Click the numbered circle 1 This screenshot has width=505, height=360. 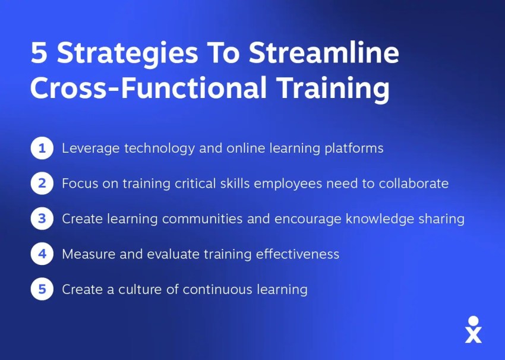[42, 148]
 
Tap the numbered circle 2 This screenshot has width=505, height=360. [42, 184]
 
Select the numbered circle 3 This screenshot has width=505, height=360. [42, 219]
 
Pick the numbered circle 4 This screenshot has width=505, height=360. [42, 254]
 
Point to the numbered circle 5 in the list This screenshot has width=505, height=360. [42, 289]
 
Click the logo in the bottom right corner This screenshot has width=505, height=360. [473, 330]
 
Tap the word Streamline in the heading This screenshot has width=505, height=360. [324, 55]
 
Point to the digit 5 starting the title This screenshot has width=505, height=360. [38, 55]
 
